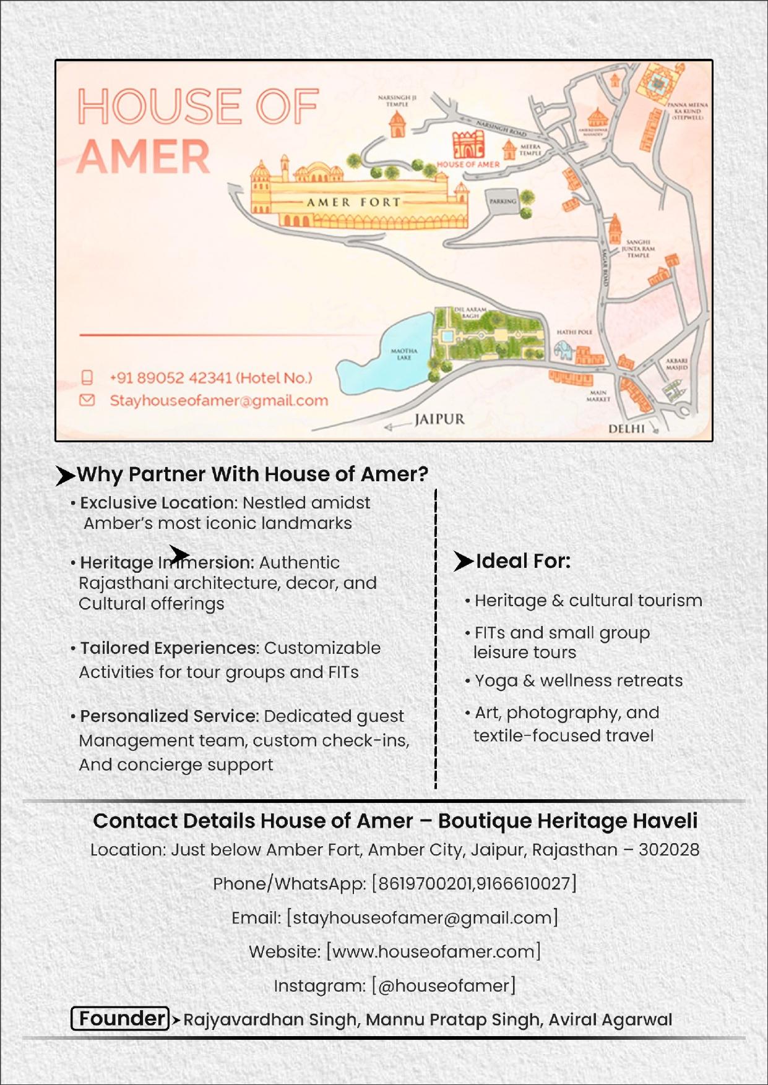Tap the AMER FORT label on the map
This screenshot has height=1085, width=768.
pyautogui.click(x=353, y=202)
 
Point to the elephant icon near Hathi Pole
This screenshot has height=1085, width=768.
pyautogui.click(x=563, y=351)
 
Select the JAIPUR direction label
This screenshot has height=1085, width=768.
pyautogui.click(x=439, y=419)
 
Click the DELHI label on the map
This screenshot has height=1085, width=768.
pyautogui.click(x=626, y=429)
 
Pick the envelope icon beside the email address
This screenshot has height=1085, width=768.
pyautogui.click(x=87, y=400)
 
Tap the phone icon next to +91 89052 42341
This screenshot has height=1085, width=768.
pyautogui.click(x=87, y=377)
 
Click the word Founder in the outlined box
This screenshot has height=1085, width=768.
pyautogui.click(x=122, y=1018)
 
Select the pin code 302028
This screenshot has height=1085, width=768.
pyautogui.click(x=669, y=850)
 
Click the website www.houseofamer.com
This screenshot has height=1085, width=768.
pyautogui.click(x=433, y=951)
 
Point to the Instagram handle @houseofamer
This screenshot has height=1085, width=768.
pyautogui.click(x=444, y=985)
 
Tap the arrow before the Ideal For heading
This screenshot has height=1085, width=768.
pyautogui.click(x=463, y=561)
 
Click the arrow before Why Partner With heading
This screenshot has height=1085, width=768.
pyautogui.click(x=64, y=475)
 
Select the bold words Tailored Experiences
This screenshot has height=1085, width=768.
pyautogui.click(x=169, y=648)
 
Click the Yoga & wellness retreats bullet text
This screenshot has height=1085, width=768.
pyautogui.click(x=578, y=680)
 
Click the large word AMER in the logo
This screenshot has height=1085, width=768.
pyautogui.click(x=144, y=157)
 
